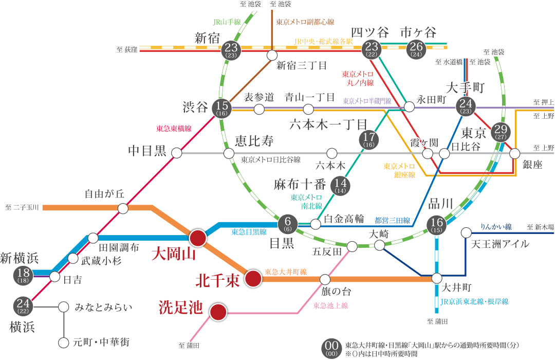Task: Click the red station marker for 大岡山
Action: coord(198,238)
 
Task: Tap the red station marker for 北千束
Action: coord(252,279)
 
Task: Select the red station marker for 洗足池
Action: coord(218,312)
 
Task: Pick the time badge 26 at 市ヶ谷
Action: coord(415,49)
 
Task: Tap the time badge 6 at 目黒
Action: coord(287,223)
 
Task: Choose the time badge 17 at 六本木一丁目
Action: coord(368,139)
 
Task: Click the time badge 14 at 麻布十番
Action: coord(340,185)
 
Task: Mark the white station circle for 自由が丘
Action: coord(123,208)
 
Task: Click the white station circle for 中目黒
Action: coord(177,153)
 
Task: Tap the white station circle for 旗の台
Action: coord(325,279)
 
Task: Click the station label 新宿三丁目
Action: coord(302,65)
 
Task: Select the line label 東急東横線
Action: coord(174,129)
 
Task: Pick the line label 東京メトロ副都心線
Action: coord(305,22)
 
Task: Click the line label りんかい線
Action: coord(496,226)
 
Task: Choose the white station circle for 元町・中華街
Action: coord(64,342)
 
